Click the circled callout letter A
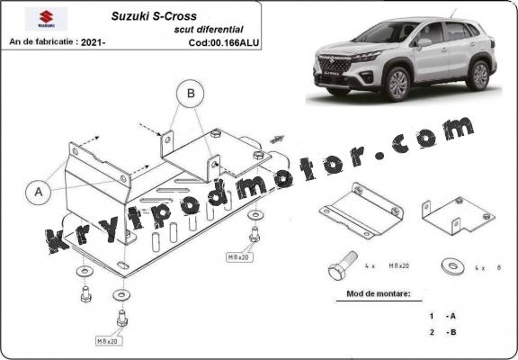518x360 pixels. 38,191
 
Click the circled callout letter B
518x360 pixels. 190,92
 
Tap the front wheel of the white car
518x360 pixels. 397,85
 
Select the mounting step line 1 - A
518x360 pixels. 442,316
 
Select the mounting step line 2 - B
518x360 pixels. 442,333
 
